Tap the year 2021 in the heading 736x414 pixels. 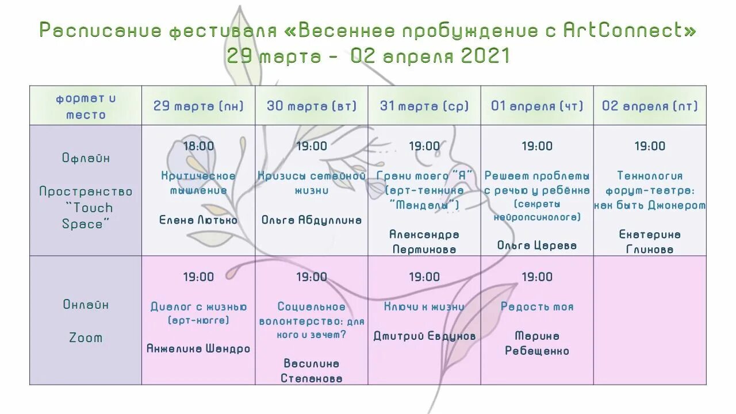[486, 56]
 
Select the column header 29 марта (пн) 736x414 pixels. [198, 106]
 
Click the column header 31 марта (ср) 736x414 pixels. [424, 106]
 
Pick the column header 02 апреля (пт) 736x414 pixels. [650, 106]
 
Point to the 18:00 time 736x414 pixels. [198, 146]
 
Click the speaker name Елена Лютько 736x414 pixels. [198, 220]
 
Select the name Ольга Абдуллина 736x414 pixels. [312, 220]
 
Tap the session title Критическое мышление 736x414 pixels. [198, 183]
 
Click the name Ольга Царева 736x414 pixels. [537, 245]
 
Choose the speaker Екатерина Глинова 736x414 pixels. [650, 241]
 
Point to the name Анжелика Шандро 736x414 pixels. [198, 348]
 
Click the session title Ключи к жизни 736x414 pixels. [424, 306]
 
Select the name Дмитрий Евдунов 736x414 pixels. [424, 336]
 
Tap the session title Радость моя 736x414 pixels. [537, 306]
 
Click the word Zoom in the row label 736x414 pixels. [86, 338]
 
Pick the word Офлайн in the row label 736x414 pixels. [86, 158]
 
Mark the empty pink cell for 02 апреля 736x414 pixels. [650, 320]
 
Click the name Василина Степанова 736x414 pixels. [312, 370]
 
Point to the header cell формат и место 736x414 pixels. [86, 106]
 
